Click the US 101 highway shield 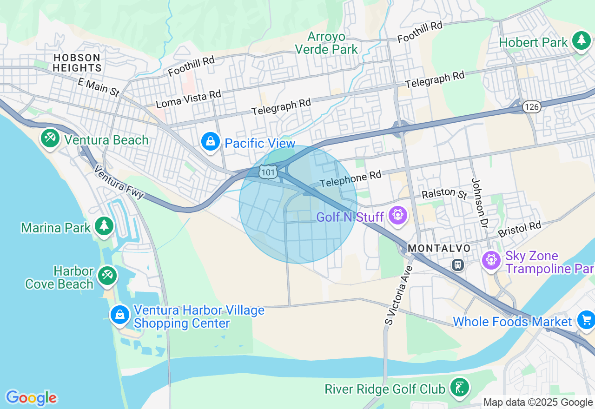click(x=269, y=172)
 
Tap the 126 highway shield click(x=531, y=107)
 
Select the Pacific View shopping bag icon click(x=211, y=141)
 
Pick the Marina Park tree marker click(x=104, y=226)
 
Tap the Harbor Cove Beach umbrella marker click(x=107, y=276)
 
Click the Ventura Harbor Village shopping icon click(x=120, y=315)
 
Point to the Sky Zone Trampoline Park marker click(x=491, y=260)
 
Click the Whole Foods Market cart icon click(x=586, y=320)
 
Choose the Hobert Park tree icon click(x=581, y=41)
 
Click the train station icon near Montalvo click(x=458, y=265)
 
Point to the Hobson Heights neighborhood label click(x=77, y=63)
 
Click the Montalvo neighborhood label click(x=439, y=249)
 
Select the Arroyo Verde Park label click(x=327, y=43)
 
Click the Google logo click(x=31, y=398)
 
